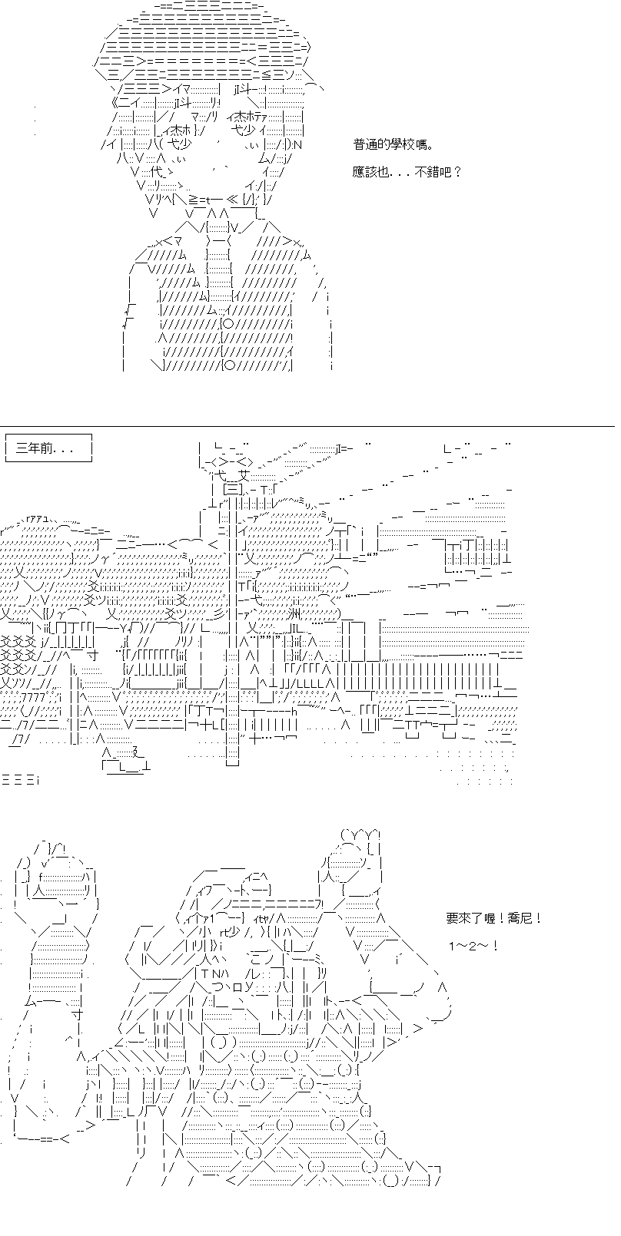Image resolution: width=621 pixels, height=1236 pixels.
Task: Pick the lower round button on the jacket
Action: [229, 365]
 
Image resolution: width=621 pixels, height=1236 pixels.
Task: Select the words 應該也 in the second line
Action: [370, 172]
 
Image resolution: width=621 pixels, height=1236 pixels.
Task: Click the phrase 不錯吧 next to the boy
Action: [433, 172]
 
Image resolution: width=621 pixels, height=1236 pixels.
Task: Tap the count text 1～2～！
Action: [473, 947]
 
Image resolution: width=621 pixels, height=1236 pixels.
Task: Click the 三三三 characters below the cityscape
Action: [20, 780]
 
